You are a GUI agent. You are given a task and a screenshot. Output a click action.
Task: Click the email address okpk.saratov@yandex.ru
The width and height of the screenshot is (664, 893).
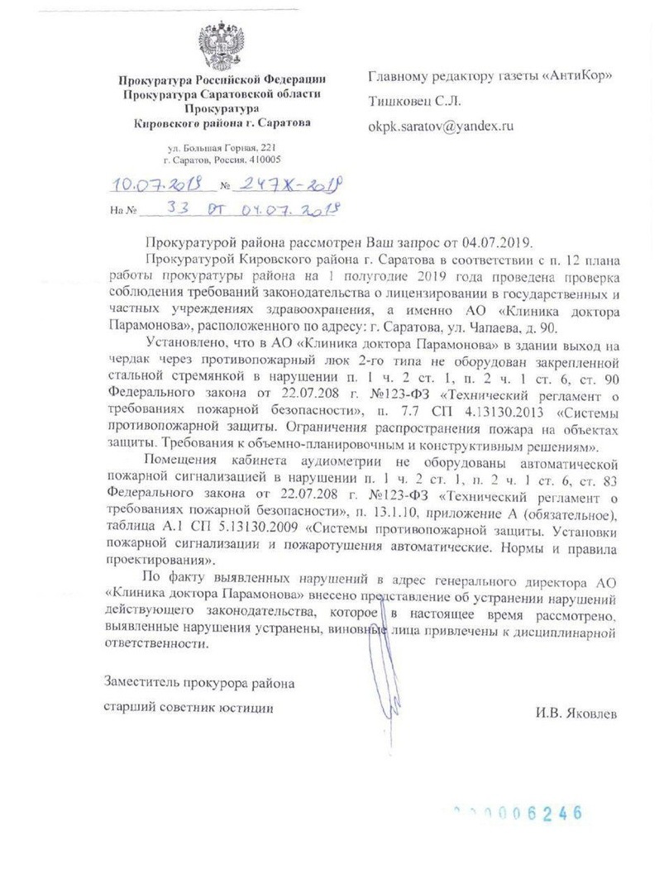click(442, 127)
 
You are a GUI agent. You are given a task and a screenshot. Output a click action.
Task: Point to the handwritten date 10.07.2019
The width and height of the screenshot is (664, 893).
click(155, 185)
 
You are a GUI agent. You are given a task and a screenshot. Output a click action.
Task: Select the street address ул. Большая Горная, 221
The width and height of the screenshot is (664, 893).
click(222, 147)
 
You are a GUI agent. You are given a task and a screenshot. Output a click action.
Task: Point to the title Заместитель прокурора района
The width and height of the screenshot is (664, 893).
click(198, 683)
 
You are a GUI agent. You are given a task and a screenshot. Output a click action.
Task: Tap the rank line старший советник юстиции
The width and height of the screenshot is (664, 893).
click(188, 708)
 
